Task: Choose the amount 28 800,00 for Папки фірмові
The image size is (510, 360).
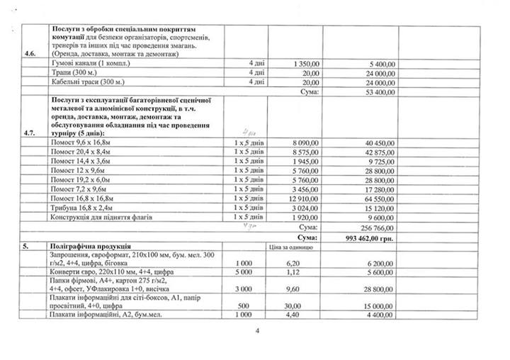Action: [x=380, y=290]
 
